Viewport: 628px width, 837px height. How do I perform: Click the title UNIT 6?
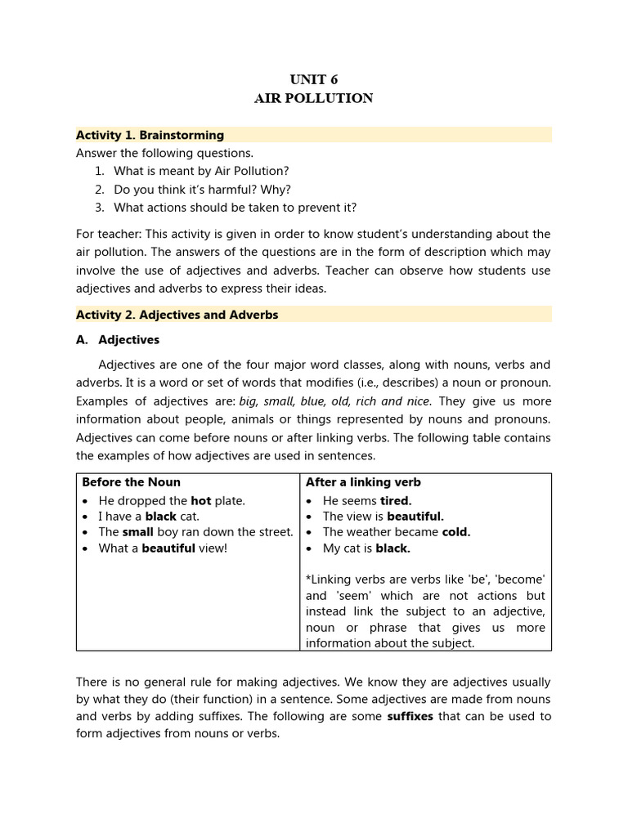click(x=313, y=79)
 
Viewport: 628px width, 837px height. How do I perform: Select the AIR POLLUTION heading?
click(x=313, y=98)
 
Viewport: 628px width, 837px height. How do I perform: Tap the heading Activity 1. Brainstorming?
click(x=150, y=135)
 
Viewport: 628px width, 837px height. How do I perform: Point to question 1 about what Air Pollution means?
click(x=201, y=171)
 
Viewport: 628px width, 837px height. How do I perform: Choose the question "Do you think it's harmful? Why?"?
click(x=202, y=189)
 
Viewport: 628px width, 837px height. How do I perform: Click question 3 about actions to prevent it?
click(x=235, y=207)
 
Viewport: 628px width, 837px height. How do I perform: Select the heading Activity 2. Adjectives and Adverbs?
click(x=177, y=315)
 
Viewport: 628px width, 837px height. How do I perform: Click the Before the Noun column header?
click(x=131, y=482)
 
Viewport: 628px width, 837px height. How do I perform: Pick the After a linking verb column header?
click(x=363, y=482)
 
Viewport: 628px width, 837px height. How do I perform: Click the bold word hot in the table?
click(x=200, y=500)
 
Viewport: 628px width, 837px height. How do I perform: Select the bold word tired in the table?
click(x=396, y=500)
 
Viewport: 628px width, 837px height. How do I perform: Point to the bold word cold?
click(x=456, y=532)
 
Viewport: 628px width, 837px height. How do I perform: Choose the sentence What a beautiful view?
click(x=163, y=548)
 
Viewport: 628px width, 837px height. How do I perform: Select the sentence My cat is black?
click(x=366, y=548)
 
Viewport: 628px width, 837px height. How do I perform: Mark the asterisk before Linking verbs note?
click(x=308, y=580)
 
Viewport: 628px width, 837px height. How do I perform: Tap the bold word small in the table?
click(x=138, y=532)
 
